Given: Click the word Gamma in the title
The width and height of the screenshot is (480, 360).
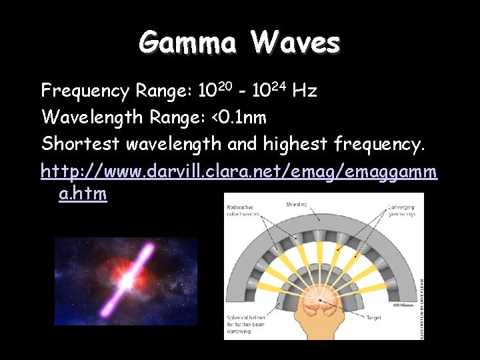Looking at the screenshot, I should click(187, 43).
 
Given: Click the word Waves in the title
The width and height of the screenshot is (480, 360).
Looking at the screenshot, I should click(296, 43).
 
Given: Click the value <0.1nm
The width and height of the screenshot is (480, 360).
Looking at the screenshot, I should click(238, 118).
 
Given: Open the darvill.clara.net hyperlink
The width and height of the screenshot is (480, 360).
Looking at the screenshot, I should click(239, 171).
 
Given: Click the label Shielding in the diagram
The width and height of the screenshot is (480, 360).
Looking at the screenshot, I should click(297, 204).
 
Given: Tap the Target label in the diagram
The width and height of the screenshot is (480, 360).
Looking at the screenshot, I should click(375, 318).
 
